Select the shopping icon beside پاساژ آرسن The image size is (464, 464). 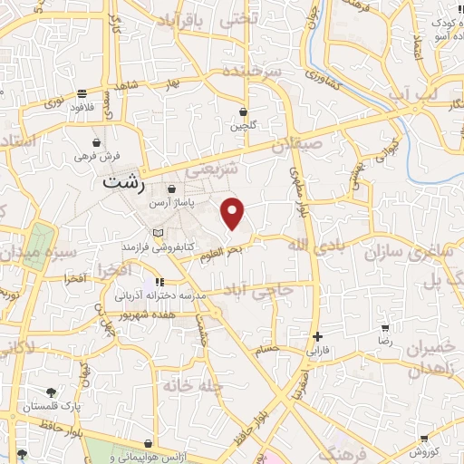[171, 188]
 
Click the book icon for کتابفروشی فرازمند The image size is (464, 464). [159, 233]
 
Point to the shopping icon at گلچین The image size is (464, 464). [243, 112]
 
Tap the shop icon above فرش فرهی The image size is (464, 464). [97, 142]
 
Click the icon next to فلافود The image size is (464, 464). [82, 92]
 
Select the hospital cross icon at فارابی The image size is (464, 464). [316, 336]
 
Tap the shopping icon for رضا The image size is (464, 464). [385, 328]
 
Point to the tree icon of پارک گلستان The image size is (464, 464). [50, 392]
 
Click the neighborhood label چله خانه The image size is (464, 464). [192, 384]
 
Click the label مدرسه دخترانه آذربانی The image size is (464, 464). [160, 295]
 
